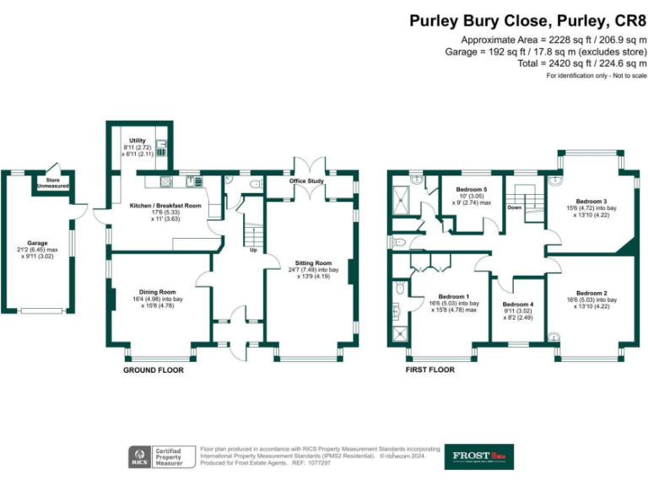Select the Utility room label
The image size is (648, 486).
(138, 141)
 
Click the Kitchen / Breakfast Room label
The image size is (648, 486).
(165, 205)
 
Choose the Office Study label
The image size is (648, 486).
(307, 181)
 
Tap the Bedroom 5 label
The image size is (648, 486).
(471, 190)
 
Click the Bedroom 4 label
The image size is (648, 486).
(518, 304)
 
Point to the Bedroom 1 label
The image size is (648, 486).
(454, 296)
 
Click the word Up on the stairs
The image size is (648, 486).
(252, 250)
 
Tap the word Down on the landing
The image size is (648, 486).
(515, 208)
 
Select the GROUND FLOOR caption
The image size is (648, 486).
(153, 370)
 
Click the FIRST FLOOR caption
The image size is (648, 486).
(430, 370)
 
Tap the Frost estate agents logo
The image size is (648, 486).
(478, 456)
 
